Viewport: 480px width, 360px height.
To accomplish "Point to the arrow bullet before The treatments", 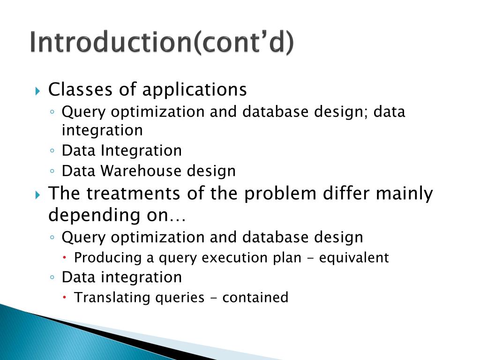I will pyautogui.click(x=38, y=194).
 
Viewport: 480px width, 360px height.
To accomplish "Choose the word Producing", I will pyautogui.click(x=101, y=258).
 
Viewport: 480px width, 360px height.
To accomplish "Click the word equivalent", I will pyautogui.click(x=354, y=258).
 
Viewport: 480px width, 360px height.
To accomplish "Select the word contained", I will pyautogui.click(x=255, y=298).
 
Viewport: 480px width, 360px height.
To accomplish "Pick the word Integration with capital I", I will pyautogui.click(x=141, y=151).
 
